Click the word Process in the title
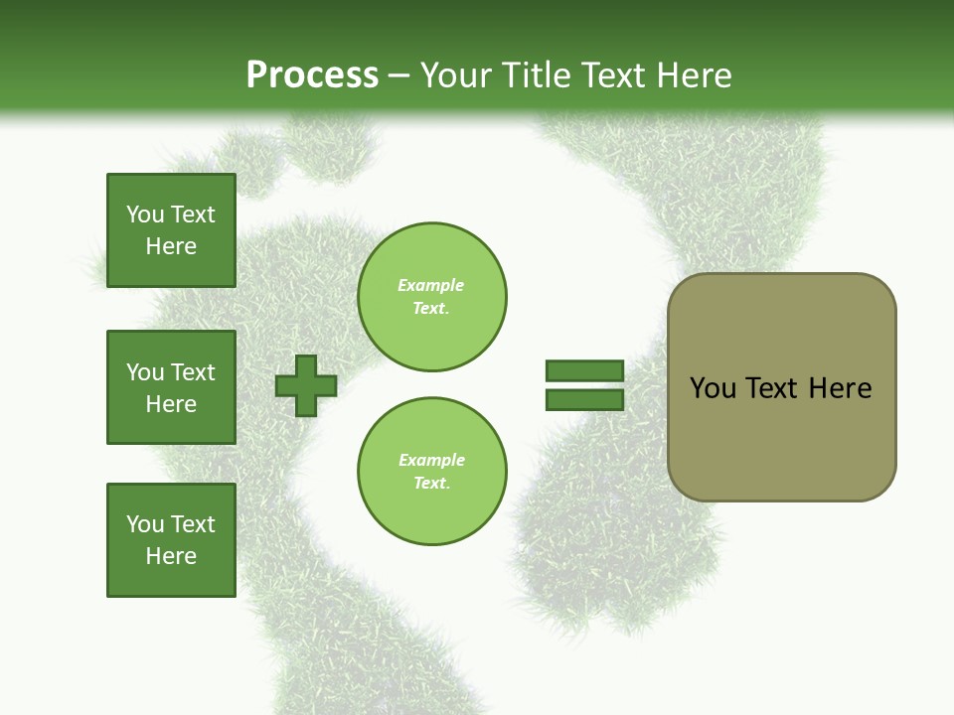pos(312,75)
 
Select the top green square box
pos(171,230)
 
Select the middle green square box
pos(171,387)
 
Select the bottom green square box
pos(171,540)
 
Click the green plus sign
pos(306,385)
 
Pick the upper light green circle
pos(431,297)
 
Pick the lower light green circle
pos(431,472)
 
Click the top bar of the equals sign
pos(584,370)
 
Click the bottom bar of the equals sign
pos(584,399)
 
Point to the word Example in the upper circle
pos(431,285)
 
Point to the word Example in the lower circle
pos(431,460)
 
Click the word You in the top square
pos(145,214)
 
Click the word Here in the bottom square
pos(171,556)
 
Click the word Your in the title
pos(454,75)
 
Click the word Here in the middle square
pos(171,404)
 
